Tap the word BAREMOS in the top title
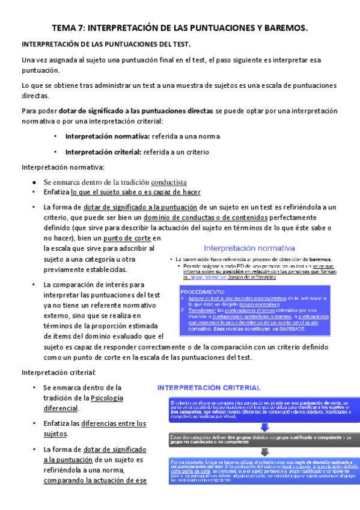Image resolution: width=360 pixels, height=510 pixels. coord(285,28)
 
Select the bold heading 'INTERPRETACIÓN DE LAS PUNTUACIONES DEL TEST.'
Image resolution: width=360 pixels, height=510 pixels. coord(106,45)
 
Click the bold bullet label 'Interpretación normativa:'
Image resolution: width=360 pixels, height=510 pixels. coord(108,136)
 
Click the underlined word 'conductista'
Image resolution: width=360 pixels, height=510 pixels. coord(169,182)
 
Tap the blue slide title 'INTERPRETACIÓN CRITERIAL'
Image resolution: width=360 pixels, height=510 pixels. coord(209,388)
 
